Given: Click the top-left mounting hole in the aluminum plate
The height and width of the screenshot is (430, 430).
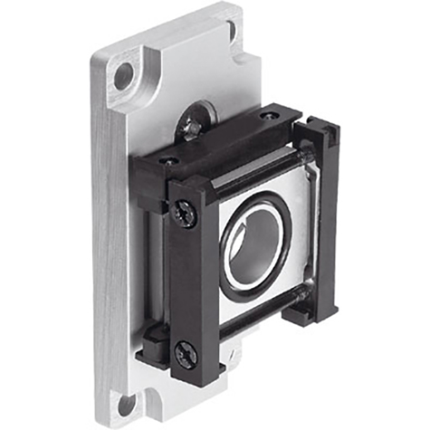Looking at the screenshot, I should pos(122,76).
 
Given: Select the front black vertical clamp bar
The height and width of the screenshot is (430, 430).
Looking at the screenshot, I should pos(191,281).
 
